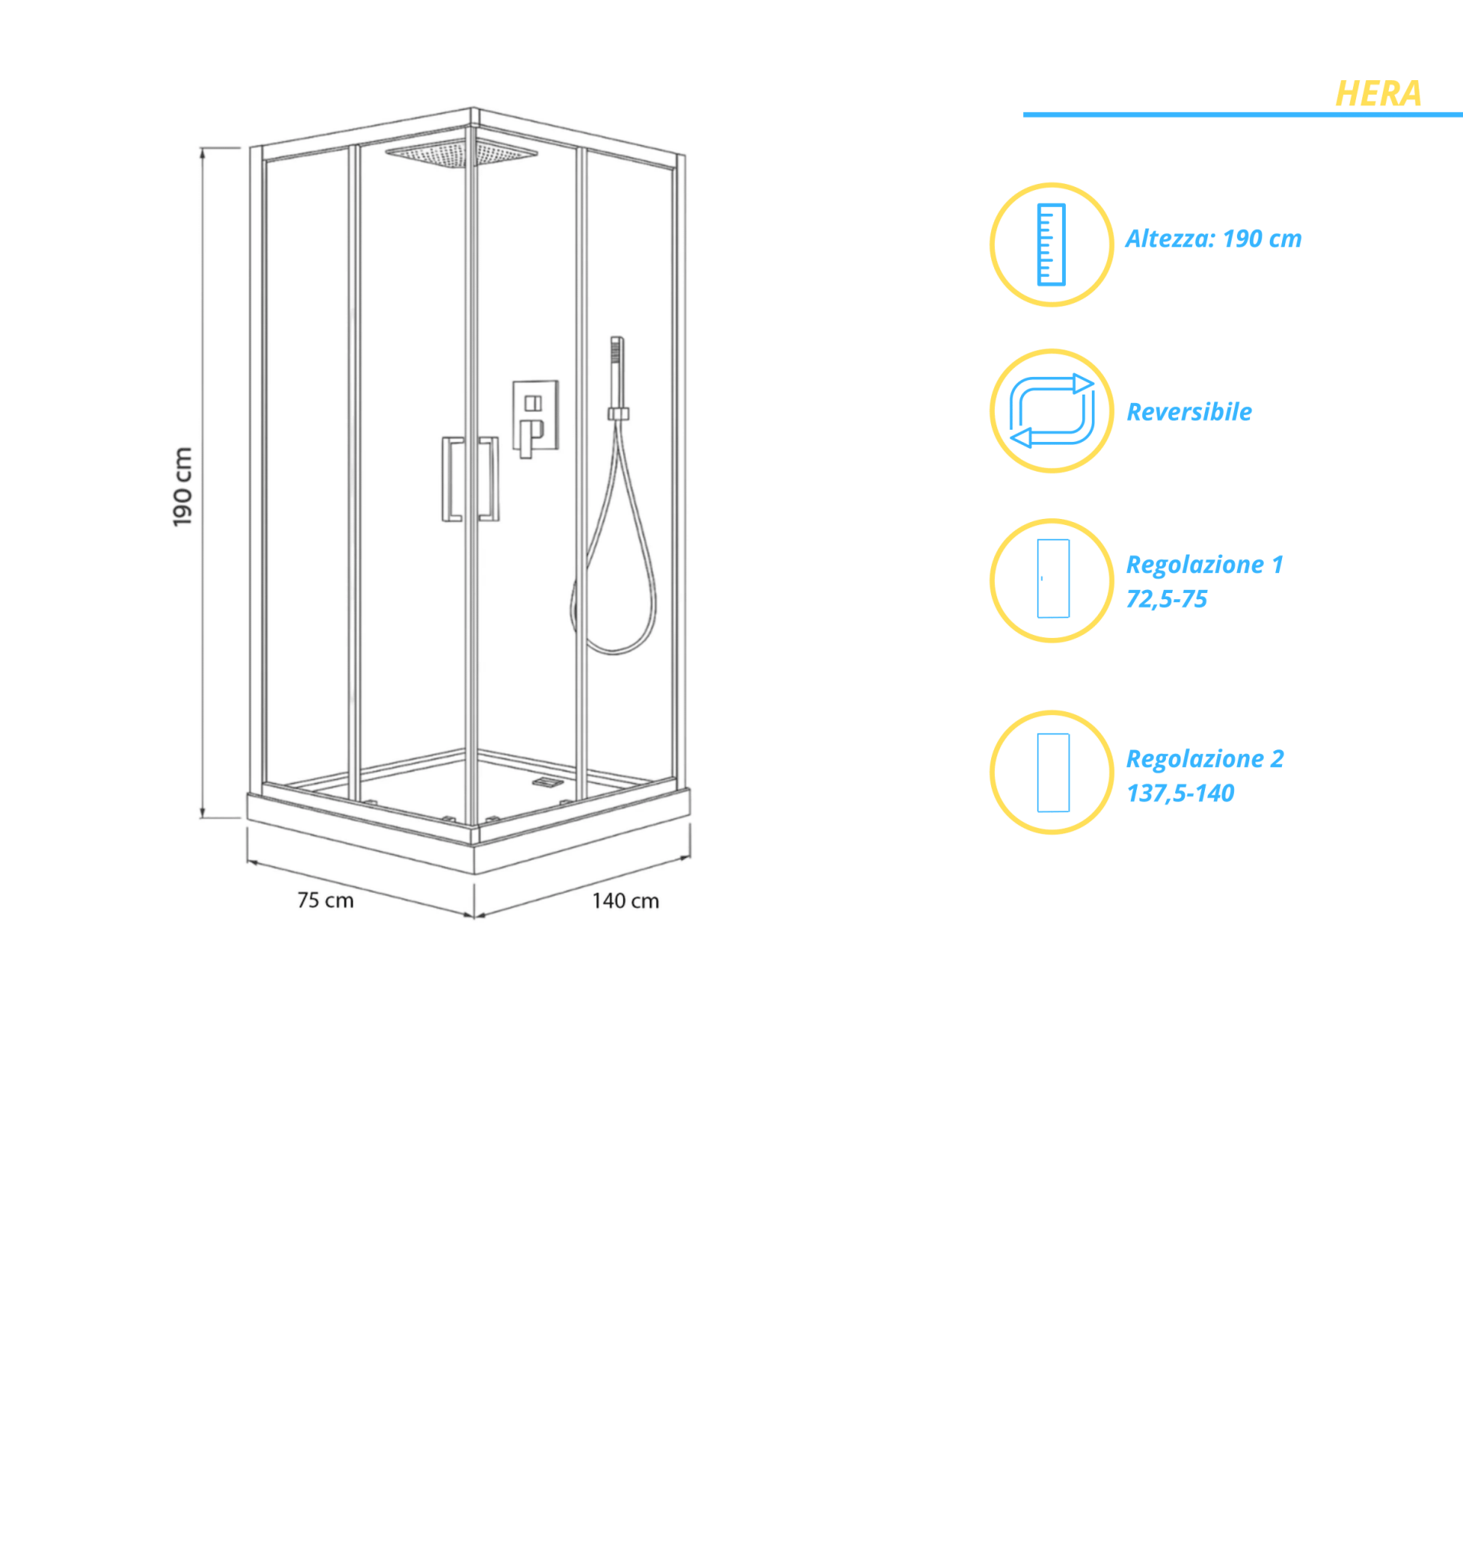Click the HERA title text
[1378, 94]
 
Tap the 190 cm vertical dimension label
[182, 487]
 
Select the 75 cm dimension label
[325, 901]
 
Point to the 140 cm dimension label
[625, 901]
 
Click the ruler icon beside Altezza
[1051, 244]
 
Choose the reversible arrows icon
[1051, 411]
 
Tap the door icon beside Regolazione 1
[1053, 578]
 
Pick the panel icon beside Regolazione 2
[1053, 773]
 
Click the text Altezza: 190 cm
[1213, 239]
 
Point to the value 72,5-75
[1167, 599]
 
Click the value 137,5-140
[1180, 793]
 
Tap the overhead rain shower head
[462, 153]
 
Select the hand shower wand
[618, 377]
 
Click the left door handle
[451, 479]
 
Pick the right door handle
[489, 478]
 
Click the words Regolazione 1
[1204, 565]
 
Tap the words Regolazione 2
[1205, 759]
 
